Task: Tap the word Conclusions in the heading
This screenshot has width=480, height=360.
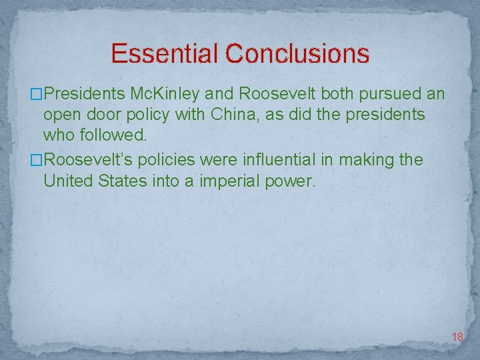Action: coord(297,53)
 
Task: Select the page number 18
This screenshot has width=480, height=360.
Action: coord(457,337)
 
